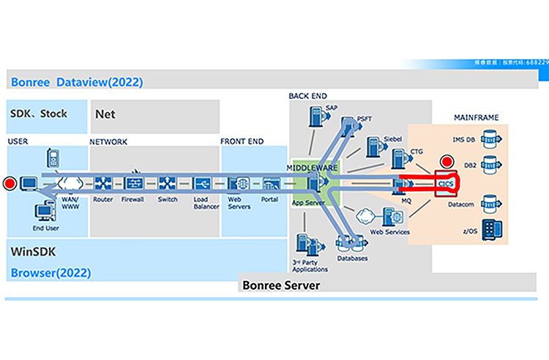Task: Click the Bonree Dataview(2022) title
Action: [77, 82]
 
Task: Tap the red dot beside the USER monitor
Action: [10, 183]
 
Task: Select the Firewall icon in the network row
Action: [135, 183]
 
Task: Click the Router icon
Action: [102, 183]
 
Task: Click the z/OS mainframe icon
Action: [490, 228]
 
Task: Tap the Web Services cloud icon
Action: [365, 216]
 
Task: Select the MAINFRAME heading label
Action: [477, 116]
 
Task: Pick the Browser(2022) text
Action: [51, 274]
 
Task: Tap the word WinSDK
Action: [34, 252]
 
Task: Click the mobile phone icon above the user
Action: [52, 157]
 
